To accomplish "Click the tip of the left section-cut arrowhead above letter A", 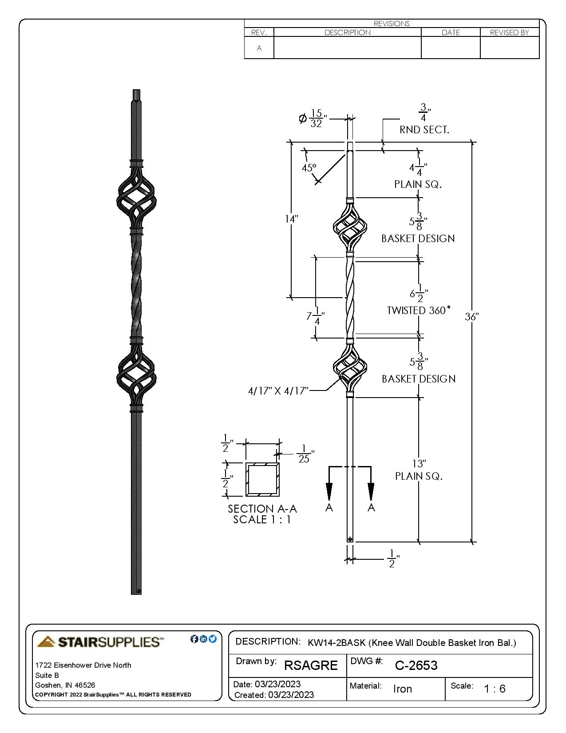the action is pyautogui.click(x=329, y=501).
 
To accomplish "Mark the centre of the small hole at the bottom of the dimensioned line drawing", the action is pyautogui.click(x=350, y=539).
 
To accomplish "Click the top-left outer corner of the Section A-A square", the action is pyautogui.click(x=246, y=463).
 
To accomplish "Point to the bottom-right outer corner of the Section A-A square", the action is pyautogui.click(x=280, y=497).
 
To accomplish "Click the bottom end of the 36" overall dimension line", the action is pyautogui.click(x=472, y=542).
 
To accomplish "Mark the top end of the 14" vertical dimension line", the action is pyautogui.click(x=291, y=142).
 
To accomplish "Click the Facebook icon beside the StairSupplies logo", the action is pyautogui.click(x=194, y=639).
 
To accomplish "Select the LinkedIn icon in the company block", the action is pyautogui.click(x=203, y=638).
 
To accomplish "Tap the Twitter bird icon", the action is pyautogui.click(x=212, y=638).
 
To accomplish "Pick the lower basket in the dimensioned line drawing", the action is pyautogui.click(x=350, y=366).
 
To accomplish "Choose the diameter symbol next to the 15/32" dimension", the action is pyautogui.click(x=303, y=119).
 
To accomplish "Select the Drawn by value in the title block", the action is pyautogui.click(x=311, y=665).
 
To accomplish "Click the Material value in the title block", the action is pyautogui.click(x=403, y=689).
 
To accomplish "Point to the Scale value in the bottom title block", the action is pyautogui.click(x=495, y=689).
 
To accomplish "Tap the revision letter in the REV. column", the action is pyautogui.click(x=259, y=48).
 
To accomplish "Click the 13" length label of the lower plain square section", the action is pyautogui.click(x=419, y=464).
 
